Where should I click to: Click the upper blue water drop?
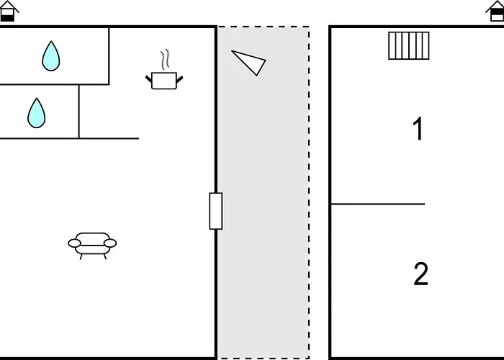tap(51, 56)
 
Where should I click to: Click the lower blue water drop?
tap(36, 113)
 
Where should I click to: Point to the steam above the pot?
tap(165, 60)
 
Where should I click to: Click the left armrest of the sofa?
tap(74, 243)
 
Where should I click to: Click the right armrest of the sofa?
tap(110, 243)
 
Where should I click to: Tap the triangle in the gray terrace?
tap(249, 63)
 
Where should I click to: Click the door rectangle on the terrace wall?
tap(216, 211)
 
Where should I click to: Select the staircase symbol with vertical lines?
tap(409, 45)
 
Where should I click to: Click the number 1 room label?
tap(418, 129)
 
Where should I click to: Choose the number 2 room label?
tap(420, 274)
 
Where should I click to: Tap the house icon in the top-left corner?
tap(8, 12)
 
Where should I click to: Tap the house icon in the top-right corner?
tap(495, 12)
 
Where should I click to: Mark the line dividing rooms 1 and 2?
tap(378, 204)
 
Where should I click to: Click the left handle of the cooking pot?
tap(148, 79)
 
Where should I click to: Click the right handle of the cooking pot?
tap(180, 79)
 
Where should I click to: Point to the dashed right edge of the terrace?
tap(309, 192)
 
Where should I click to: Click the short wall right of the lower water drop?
tap(78, 112)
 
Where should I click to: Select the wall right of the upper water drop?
tap(109, 56)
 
